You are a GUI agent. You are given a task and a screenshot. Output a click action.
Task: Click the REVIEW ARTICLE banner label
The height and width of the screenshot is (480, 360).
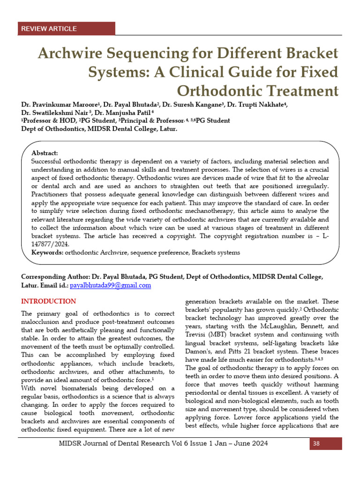point(49,29)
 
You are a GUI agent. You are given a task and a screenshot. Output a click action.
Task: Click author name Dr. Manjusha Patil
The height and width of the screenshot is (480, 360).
point(124,112)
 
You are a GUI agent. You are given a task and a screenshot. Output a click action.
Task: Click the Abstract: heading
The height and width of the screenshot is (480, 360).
point(45,153)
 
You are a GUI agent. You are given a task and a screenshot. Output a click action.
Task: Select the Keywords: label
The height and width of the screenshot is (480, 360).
point(47,252)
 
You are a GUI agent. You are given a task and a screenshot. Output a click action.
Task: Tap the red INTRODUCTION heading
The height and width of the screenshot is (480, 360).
point(48,301)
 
